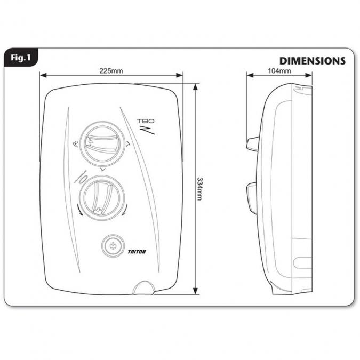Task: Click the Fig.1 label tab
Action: [21, 58]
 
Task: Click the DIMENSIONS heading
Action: [312, 61]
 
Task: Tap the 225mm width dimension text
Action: [111, 71]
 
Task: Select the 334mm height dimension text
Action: [199, 189]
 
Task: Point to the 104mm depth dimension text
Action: [279, 71]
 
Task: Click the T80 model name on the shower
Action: [146, 121]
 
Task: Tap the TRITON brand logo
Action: [137, 252]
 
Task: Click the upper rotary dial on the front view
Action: [102, 143]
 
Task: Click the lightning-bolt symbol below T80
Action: [147, 130]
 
